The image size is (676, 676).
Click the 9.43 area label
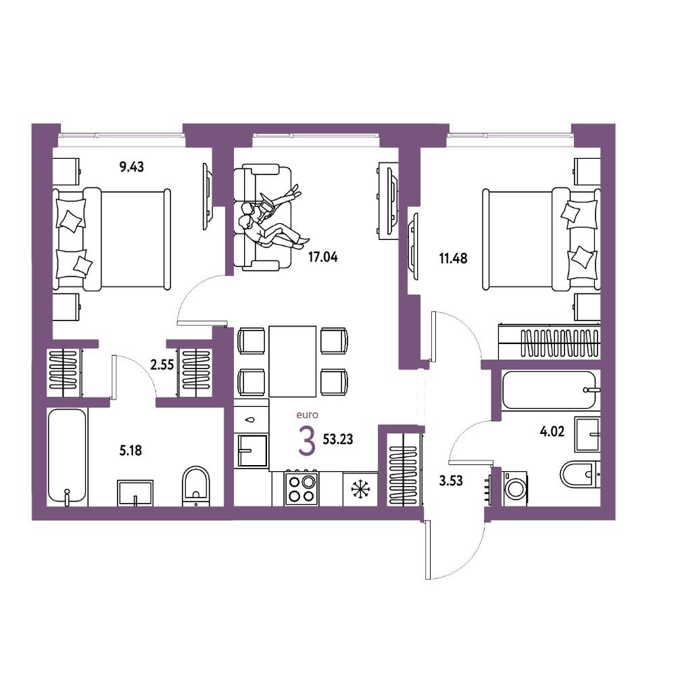coord(132,166)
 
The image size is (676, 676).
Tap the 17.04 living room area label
coord(323,258)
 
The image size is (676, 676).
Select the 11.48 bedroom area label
coord(453,259)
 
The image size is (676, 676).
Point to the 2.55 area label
coord(162,365)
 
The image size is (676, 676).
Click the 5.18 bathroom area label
coord(130,451)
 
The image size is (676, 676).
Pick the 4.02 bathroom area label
coord(552,431)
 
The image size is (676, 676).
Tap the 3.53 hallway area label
coord(451,481)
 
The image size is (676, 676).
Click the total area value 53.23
coord(338,439)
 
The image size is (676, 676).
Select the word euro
coord(308,415)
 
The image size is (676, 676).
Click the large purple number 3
coord(307,441)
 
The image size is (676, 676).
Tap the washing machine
coord(514,488)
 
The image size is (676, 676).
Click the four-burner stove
coord(301,488)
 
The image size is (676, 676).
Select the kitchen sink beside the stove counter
coord(252,450)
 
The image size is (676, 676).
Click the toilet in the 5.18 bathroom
coord(196,486)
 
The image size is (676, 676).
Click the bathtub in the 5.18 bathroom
coord(67,457)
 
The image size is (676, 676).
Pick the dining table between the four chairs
coord(292,361)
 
